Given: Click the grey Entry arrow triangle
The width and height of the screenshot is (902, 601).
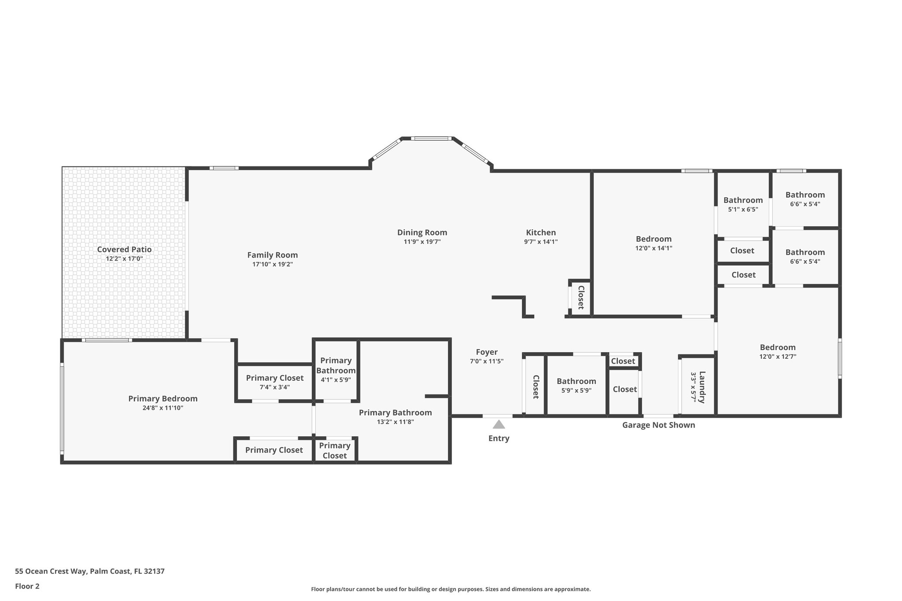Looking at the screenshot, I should pyautogui.click(x=499, y=424).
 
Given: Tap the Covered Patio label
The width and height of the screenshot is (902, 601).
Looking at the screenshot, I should pyautogui.click(x=124, y=250).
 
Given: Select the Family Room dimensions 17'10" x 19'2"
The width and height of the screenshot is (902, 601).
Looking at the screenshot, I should pyautogui.click(x=272, y=264).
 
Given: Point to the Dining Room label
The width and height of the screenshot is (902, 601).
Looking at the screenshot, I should pyautogui.click(x=422, y=232).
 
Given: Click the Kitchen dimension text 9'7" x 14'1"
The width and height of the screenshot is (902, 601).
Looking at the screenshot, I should pyautogui.click(x=541, y=242).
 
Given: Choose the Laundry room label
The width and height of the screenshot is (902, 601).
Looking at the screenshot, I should pyautogui.click(x=702, y=387).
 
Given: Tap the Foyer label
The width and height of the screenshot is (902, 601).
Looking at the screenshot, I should pyautogui.click(x=487, y=352).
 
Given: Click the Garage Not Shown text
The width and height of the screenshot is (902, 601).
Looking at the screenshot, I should pyautogui.click(x=658, y=425).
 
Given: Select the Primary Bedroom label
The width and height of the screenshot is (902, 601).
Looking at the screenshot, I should pyautogui.click(x=163, y=398).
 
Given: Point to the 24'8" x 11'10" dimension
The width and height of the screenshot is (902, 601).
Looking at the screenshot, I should pyautogui.click(x=163, y=408).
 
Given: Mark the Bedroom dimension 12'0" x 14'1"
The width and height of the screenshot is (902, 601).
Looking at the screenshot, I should pyautogui.click(x=654, y=248).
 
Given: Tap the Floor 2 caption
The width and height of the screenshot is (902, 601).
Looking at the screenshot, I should pyautogui.click(x=27, y=586).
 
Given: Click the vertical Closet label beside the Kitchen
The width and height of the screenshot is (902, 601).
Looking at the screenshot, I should pyautogui.click(x=580, y=297).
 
